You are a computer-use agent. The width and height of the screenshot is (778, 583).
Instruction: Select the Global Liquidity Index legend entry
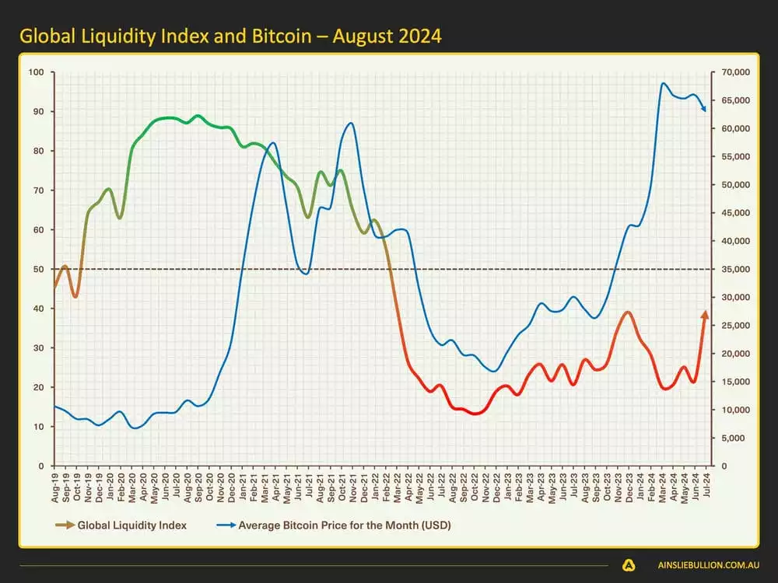click(x=131, y=525)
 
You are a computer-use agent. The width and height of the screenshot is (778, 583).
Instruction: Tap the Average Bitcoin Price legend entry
click(x=344, y=525)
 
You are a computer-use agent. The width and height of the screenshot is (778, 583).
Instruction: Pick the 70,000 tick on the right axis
click(x=734, y=72)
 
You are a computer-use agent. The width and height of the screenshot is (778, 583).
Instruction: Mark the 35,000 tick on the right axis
click(x=734, y=269)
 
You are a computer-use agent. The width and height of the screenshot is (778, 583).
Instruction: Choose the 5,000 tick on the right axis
click(x=732, y=438)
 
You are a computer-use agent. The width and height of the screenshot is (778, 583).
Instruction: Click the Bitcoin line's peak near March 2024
click(x=663, y=83)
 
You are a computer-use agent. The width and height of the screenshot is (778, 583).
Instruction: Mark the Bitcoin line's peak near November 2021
click(x=351, y=123)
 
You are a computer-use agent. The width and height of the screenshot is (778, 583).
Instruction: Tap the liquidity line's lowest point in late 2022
click(x=476, y=414)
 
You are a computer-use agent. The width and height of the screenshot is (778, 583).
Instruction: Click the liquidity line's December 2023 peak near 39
click(x=628, y=312)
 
